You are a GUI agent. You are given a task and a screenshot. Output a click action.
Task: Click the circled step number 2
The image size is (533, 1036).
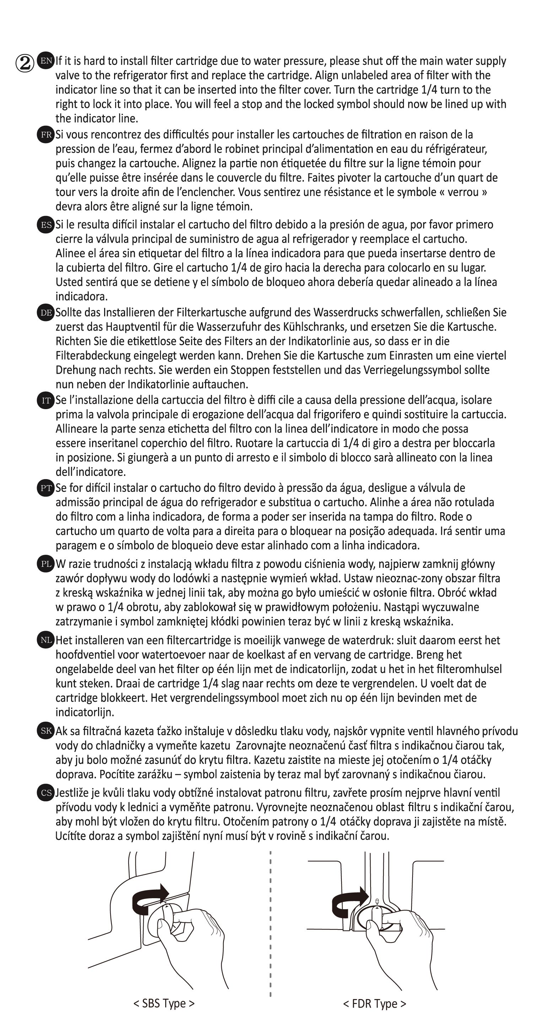(25, 63)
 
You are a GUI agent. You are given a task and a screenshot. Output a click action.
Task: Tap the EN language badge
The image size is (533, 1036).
(45, 61)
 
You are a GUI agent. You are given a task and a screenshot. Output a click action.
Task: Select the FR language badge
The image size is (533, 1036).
(45, 134)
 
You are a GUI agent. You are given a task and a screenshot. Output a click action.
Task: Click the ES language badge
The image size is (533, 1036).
(45, 224)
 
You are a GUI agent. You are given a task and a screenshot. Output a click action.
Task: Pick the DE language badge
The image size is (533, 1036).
(45, 313)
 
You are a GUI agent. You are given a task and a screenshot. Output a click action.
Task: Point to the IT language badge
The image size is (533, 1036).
(45, 400)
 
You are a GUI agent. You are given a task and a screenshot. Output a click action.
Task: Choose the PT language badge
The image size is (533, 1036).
(45, 488)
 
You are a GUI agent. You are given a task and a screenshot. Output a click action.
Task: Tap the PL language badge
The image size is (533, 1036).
(45, 564)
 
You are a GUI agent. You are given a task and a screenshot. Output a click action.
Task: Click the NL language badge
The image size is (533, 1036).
(45, 640)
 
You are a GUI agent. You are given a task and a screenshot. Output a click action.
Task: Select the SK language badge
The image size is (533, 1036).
(45, 731)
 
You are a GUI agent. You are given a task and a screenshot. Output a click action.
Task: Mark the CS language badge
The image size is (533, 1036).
(45, 793)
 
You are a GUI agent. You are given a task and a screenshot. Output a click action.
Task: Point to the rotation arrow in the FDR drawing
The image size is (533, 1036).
(348, 901)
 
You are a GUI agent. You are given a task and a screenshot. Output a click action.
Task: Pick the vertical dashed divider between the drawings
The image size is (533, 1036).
(270, 925)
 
